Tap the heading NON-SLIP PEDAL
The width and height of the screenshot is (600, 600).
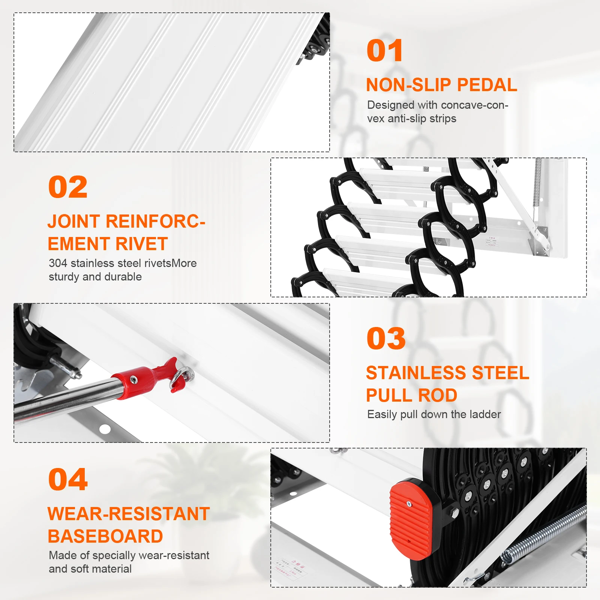click(441, 85)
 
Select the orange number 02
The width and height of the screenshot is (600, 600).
click(68, 187)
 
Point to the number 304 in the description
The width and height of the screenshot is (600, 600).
click(58, 263)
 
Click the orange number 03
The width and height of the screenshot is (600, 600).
click(386, 339)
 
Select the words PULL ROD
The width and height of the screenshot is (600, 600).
click(411, 396)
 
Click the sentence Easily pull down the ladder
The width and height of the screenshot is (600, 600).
click(434, 414)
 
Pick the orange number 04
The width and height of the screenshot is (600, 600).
click(68, 480)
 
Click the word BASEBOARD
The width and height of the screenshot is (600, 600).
click(105, 537)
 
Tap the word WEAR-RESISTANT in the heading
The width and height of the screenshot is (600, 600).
click(128, 514)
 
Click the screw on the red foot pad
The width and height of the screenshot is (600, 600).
click(409, 504)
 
